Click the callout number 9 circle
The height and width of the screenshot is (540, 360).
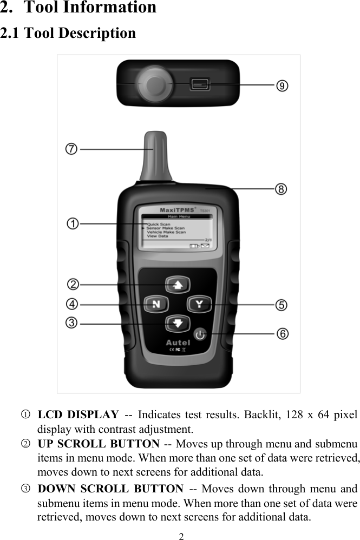282,85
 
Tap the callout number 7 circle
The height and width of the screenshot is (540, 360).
71,149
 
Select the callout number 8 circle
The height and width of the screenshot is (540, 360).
280,189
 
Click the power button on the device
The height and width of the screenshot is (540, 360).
200,335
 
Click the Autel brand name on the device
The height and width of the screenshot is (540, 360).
178,343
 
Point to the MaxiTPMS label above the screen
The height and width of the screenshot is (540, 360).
177,209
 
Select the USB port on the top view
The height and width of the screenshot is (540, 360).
199,84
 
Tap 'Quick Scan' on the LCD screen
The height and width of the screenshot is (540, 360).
158,224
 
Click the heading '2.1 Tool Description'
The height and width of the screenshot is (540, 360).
68,34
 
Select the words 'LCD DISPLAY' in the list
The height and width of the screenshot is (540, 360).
78,416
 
